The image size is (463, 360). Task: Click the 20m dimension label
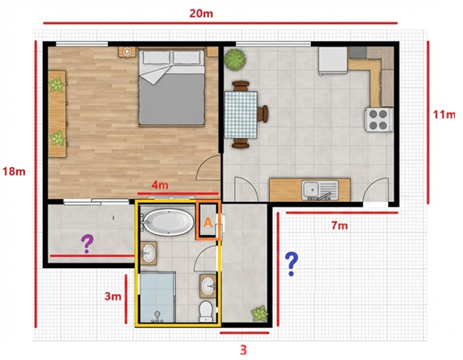(201, 13)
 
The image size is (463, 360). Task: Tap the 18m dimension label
(14, 172)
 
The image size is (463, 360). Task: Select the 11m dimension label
(443, 114)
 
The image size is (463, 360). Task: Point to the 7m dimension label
(340, 226)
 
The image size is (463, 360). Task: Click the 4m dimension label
(160, 185)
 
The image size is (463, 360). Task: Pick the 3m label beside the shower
(113, 297)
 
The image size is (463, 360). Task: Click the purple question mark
(88, 244)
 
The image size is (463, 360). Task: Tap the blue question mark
(291, 264)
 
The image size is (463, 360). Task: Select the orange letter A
(208, 222)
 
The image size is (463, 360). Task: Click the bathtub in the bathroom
(168, 222)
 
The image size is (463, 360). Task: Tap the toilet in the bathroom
(206, 311)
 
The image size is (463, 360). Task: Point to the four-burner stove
(378, 120)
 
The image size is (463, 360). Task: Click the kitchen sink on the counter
(320, 190)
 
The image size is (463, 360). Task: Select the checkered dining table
(240, 114)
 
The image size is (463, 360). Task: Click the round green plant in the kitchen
(235, 60)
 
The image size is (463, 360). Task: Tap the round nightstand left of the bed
(128, 52)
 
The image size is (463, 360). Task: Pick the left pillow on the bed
(157, 57)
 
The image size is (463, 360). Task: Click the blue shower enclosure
(156, 297)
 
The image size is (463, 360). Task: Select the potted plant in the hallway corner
(259, 314)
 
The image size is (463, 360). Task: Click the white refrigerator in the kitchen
(333, 61)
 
